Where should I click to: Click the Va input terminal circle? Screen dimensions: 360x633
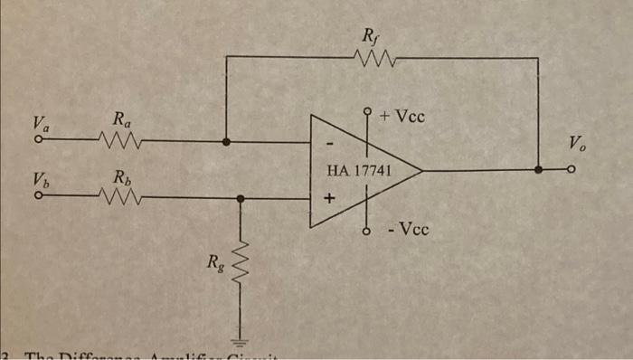coord(38,141)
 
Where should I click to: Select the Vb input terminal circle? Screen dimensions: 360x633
coord(38,197)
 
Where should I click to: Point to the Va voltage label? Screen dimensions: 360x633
coord(40,122)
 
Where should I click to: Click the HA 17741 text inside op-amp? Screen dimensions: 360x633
coord(358,169)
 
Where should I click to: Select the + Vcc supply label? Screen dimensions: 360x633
coord(403,117)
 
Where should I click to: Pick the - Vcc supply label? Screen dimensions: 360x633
coord(404,229)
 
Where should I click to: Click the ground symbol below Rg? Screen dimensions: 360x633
coord(241,340)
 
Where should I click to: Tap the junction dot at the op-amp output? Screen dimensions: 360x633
coord(539,169)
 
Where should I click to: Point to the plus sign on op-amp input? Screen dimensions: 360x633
coord(330,196)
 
